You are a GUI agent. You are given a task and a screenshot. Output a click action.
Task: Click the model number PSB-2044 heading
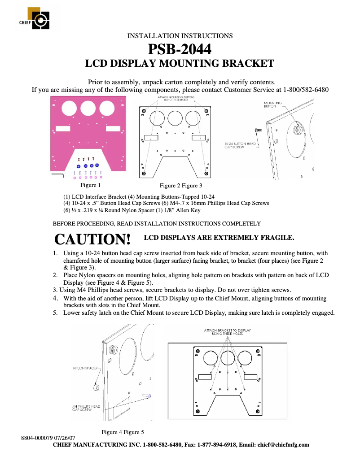[x=180, y=49]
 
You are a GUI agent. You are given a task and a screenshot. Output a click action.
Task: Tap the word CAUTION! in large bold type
[x=92, y=239]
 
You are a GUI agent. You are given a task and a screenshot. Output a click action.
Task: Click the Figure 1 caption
[x=90, y=185]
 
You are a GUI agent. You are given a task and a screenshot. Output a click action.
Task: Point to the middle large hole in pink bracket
[x=88, y=108]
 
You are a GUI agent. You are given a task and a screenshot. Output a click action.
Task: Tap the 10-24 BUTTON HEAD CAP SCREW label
[x=240, y=146]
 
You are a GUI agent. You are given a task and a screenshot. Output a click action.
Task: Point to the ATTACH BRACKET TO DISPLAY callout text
[x=228, y=332]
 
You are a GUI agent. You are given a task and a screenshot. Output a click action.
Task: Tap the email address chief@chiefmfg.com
[x=283, y=445]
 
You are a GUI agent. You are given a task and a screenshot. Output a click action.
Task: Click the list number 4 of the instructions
[x=55, y=298]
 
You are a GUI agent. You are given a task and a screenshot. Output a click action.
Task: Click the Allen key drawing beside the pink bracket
[x=58, y=175]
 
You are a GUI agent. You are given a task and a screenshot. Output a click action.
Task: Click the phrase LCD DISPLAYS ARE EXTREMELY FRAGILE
[x=219, y=237]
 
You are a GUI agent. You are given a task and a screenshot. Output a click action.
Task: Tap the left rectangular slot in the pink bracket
[x=63, y=129]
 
